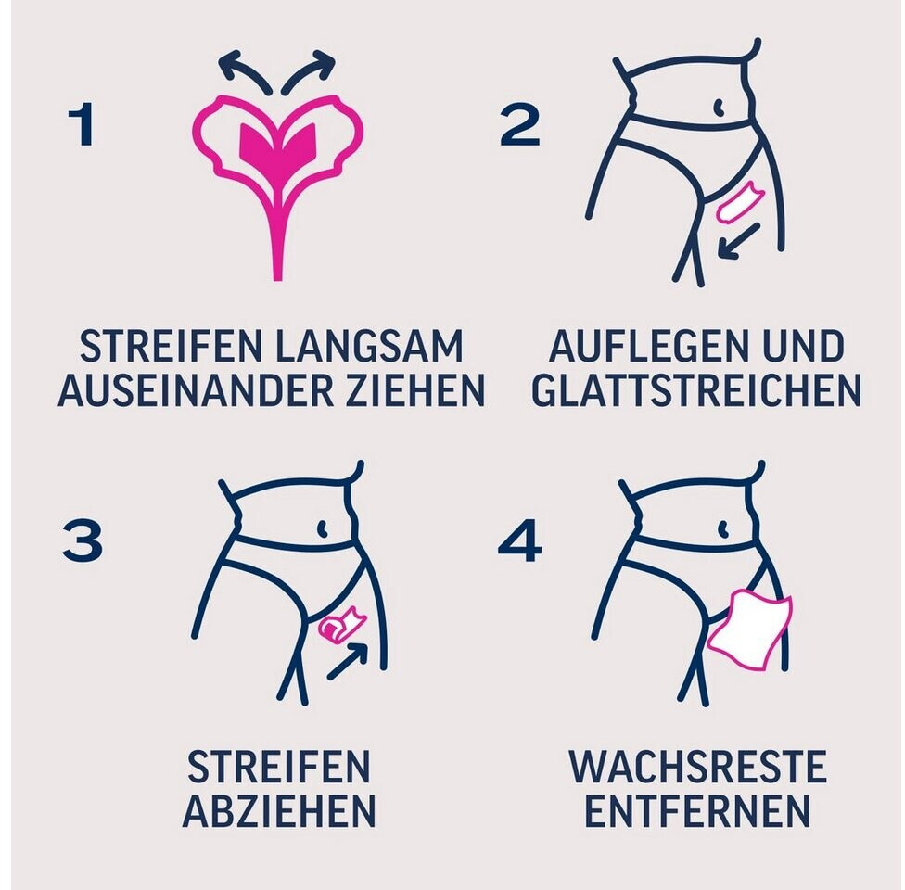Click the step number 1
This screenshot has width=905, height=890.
point(82,123)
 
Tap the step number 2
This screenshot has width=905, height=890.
point(519,123)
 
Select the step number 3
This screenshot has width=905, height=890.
point(83,540)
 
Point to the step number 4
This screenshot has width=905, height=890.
point(519,540)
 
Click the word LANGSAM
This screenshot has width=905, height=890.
point(369,347)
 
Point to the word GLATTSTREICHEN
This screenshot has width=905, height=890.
point(696,389)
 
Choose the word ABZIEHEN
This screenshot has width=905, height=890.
point(279,810)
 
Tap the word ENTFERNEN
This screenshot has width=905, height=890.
point(697,810)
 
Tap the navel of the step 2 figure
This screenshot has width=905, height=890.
point(720,108)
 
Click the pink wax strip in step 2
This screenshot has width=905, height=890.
point(740,201)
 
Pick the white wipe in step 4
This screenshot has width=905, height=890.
point(749,629)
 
